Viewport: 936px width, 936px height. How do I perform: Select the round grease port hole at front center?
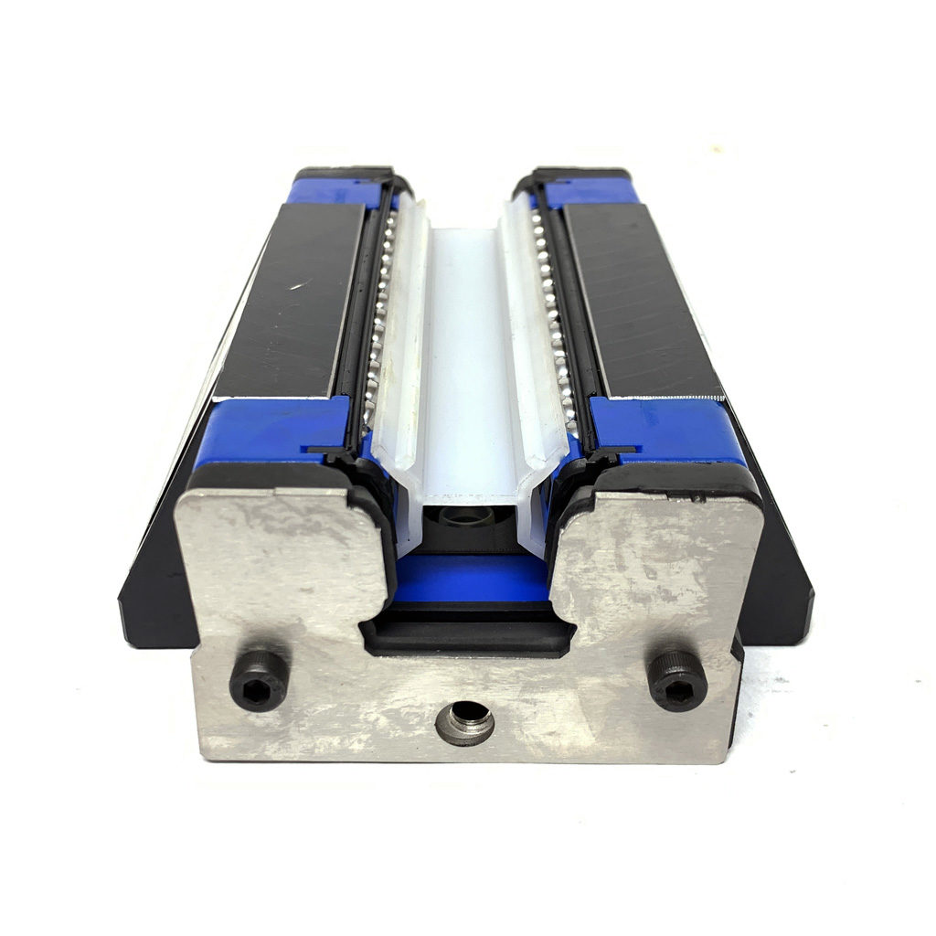pyautogui.click(x=464, y=724)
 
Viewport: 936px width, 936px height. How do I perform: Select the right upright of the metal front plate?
pyautogui.click(x=658, y=558)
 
